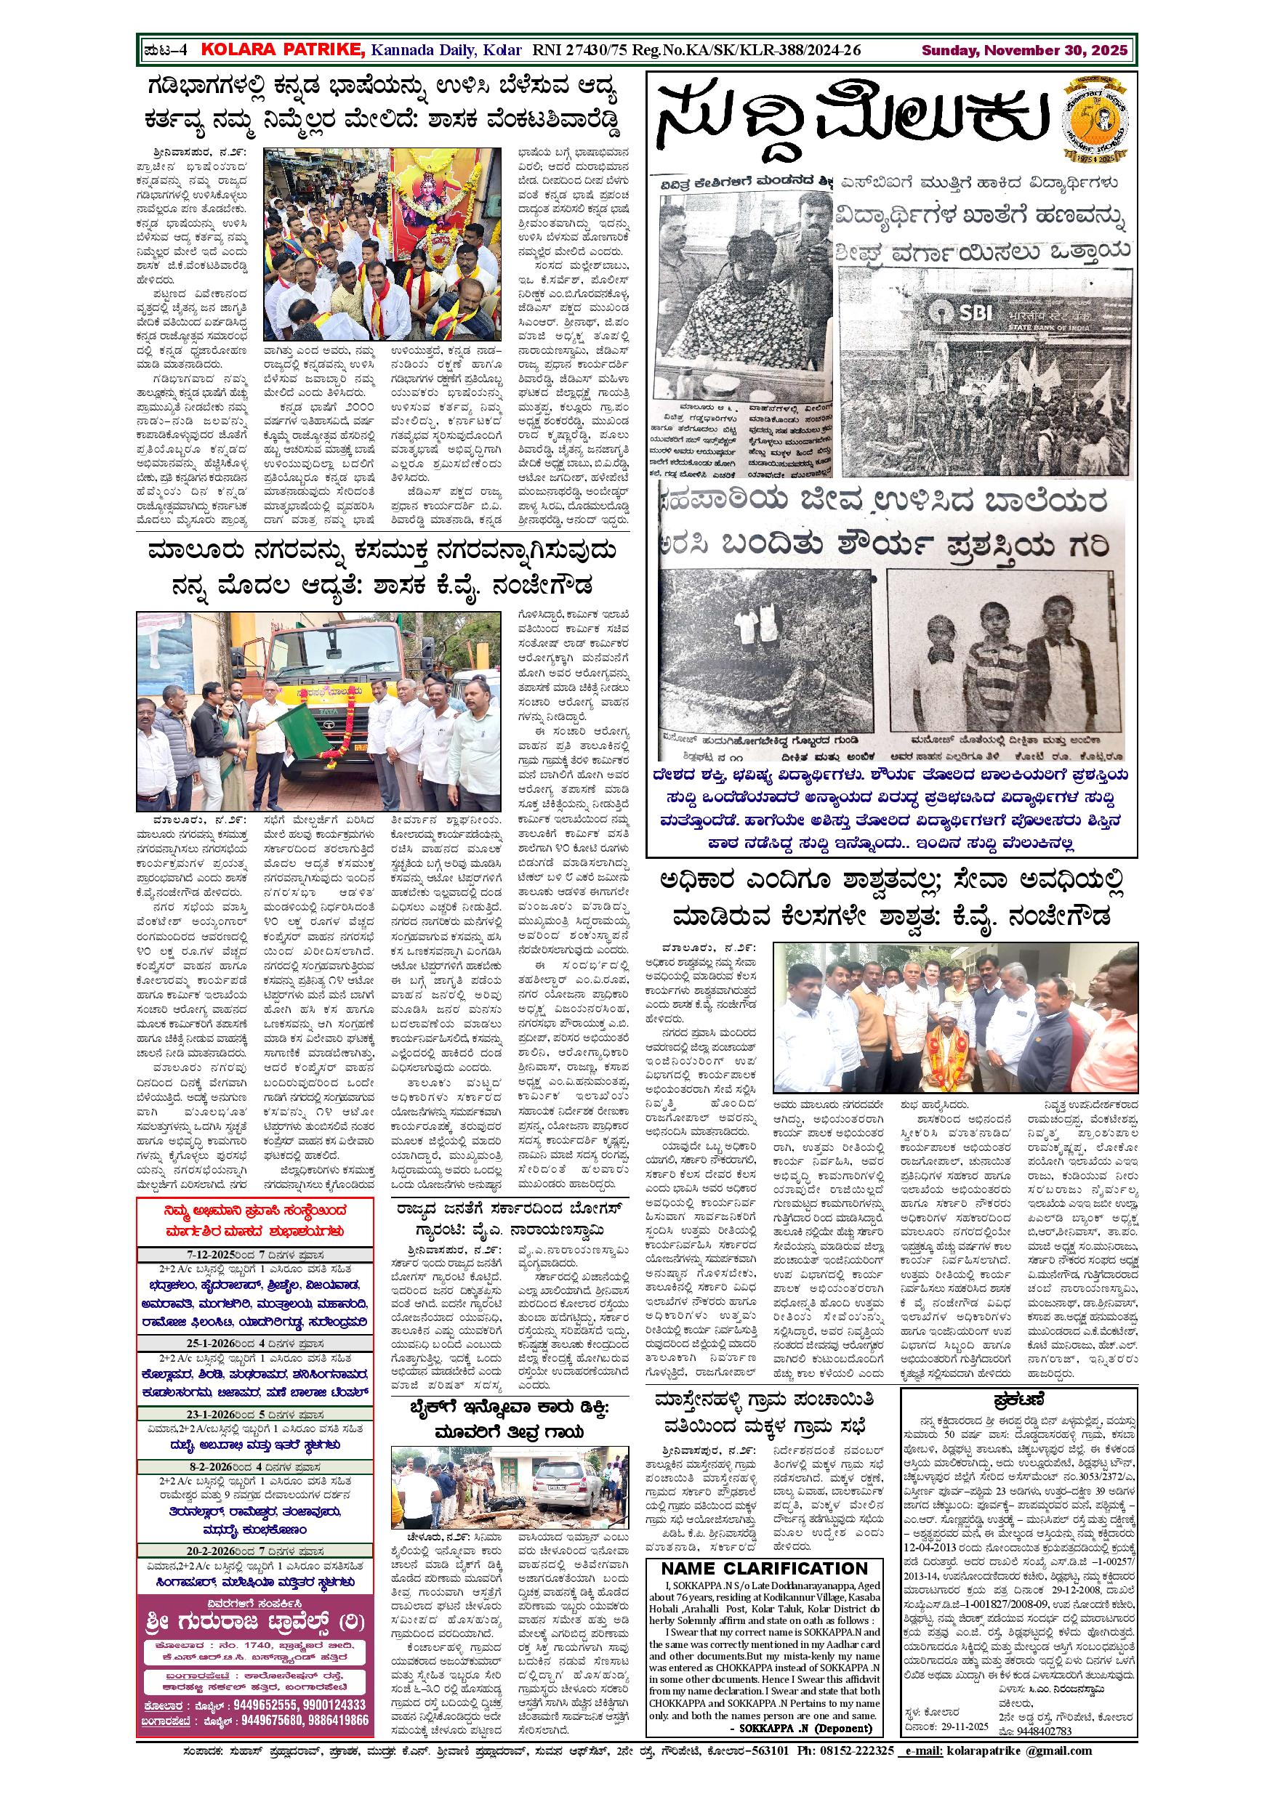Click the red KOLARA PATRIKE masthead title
point(283,50)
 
